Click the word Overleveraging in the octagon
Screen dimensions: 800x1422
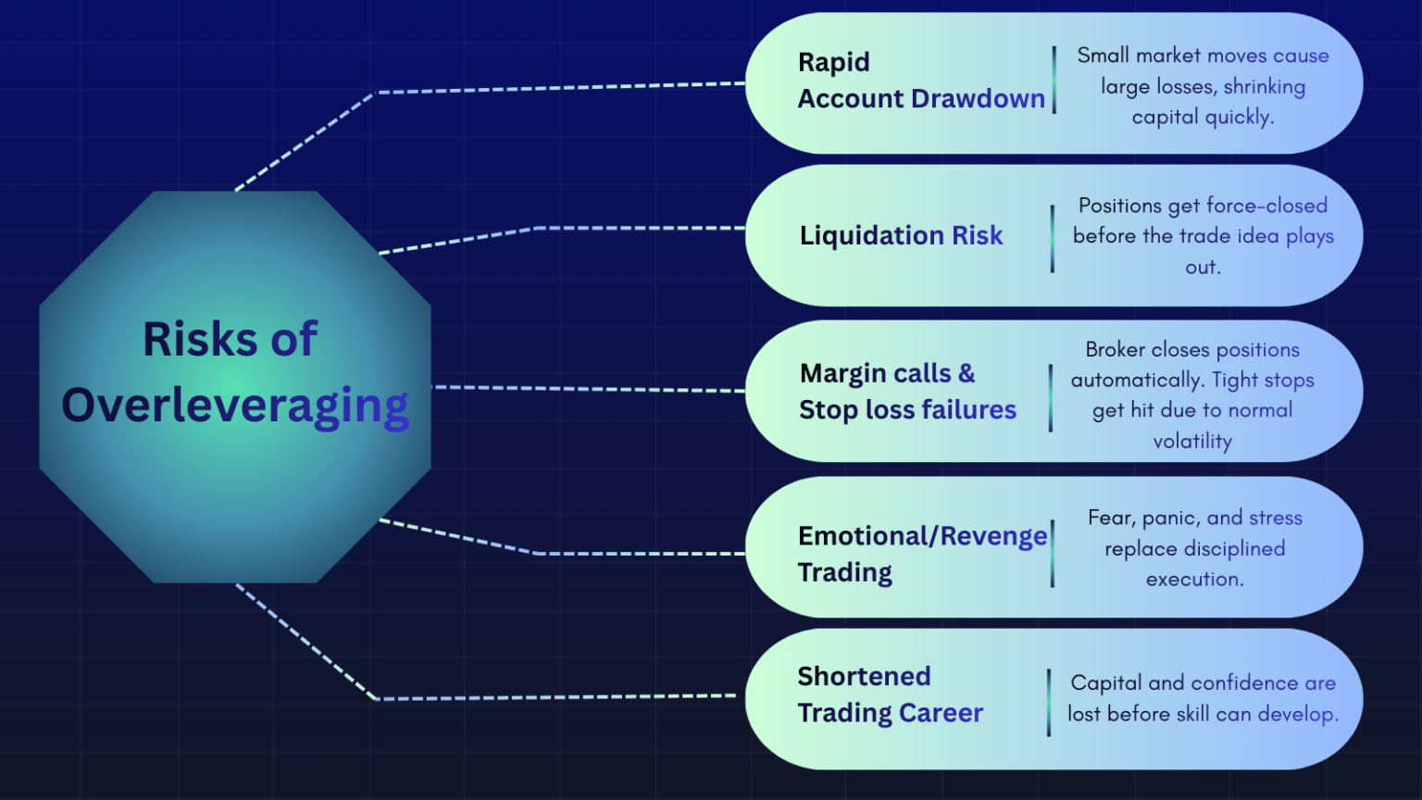235,406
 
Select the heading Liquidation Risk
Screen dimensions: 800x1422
901,236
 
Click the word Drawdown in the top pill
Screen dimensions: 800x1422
979,99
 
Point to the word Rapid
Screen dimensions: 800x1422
833,62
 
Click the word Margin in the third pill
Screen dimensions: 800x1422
842,373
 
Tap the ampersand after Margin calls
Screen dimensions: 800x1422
967,373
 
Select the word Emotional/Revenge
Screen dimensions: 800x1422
922,536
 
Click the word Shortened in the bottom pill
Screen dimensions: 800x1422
864,677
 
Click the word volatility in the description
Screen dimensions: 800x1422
1192,442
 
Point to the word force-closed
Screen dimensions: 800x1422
1266,206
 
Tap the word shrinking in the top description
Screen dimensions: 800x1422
1264,87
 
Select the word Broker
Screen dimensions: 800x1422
1116,350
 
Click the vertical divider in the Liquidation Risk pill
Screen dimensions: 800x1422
1053,239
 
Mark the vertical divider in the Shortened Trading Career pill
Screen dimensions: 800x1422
1049,703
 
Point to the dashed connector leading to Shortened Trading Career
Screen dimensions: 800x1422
555,697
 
